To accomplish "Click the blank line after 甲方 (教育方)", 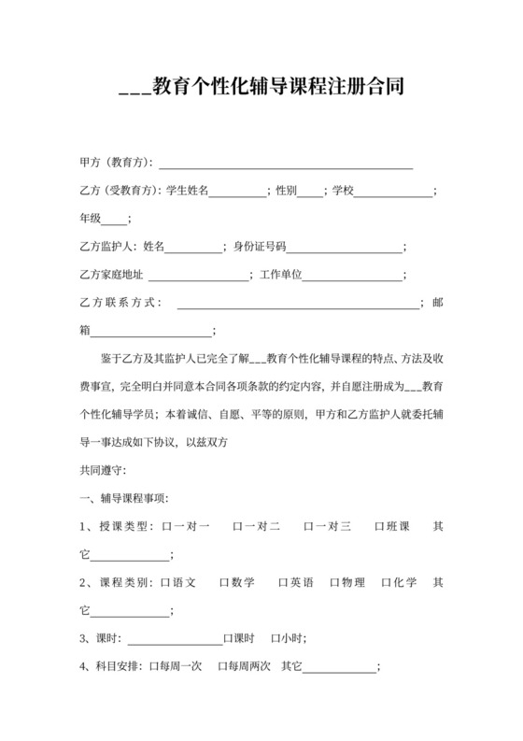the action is click(290, 164).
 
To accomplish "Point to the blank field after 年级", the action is click(112, 221).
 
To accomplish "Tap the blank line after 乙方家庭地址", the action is click(198, 277).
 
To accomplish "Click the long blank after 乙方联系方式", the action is click(298, 304).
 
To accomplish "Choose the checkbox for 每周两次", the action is click(222, 667).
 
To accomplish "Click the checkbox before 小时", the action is click(276, 639).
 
